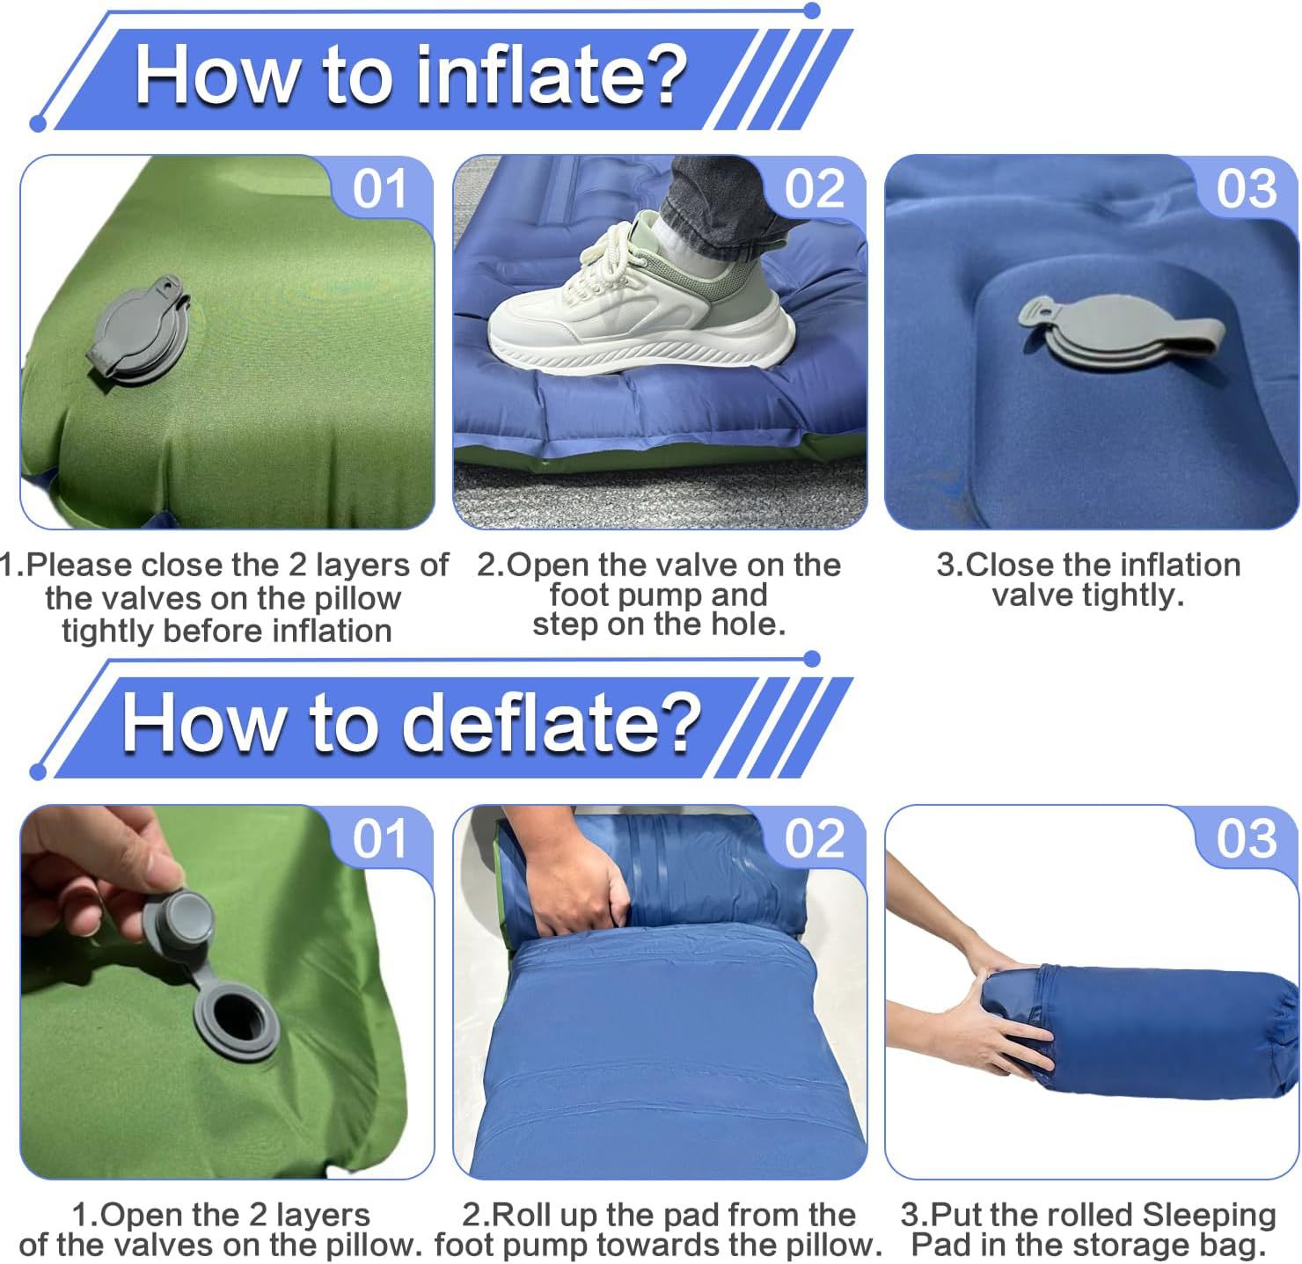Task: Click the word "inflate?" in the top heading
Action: click(552, 75)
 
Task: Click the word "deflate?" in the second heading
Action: click(551, 724)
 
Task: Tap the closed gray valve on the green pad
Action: click(138, 329)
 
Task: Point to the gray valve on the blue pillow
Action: click(1121, 332)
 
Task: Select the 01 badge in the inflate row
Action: click(379, 189)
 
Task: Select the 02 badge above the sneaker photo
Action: click(815, 189)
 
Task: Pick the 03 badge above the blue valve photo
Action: click(1247, 189)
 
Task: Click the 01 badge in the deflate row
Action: click(379, 838)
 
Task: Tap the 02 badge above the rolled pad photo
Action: click(815, 838)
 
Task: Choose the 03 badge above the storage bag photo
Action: click(1247, 838)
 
